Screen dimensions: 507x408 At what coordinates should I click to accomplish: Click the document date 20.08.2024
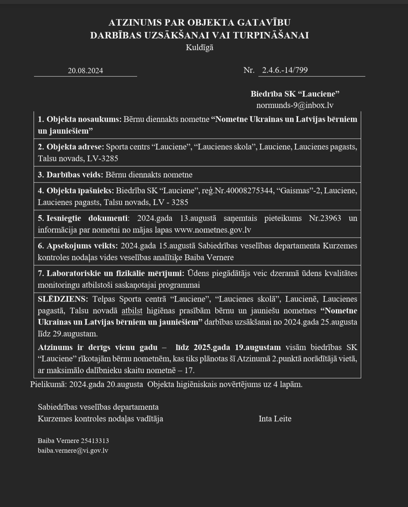point(85,71)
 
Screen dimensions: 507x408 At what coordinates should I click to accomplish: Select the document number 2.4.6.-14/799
point(285,70)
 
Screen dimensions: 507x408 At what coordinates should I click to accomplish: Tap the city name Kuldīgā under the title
point(199,48)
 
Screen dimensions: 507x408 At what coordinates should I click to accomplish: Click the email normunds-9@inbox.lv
point(295,105)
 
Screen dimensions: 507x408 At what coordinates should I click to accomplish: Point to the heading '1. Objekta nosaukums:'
point(79,119)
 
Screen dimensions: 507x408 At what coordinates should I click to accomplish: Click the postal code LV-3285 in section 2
point(102,158)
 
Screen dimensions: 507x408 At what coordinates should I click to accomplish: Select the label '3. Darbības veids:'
point(70,175)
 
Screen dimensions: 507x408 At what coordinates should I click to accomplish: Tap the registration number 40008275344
point(249,190)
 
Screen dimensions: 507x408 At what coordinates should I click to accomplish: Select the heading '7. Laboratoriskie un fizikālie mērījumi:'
point(111,273)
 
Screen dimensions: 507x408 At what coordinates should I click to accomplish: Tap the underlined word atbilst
point(132,311)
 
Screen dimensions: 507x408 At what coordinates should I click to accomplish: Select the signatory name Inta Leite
point(275,419)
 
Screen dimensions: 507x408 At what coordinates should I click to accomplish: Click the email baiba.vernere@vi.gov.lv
point(73,450)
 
